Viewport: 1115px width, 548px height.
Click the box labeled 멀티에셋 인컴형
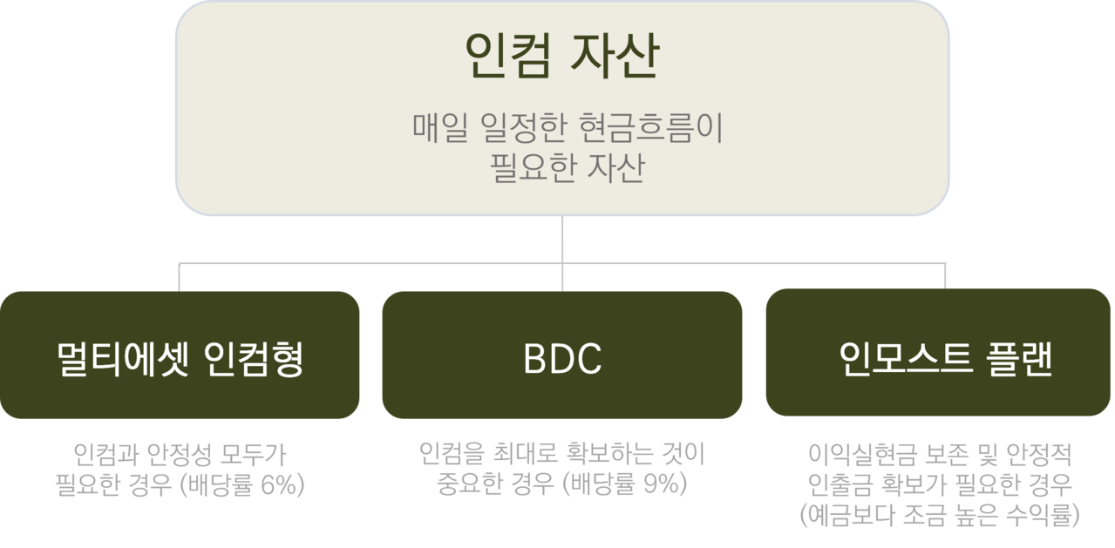[180, 355]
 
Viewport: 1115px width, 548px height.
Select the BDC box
[562, 355]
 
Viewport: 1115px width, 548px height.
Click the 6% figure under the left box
[281, 485]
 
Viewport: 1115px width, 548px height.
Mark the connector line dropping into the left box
[180, 275]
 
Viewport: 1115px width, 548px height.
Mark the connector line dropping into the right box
[946, 275]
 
